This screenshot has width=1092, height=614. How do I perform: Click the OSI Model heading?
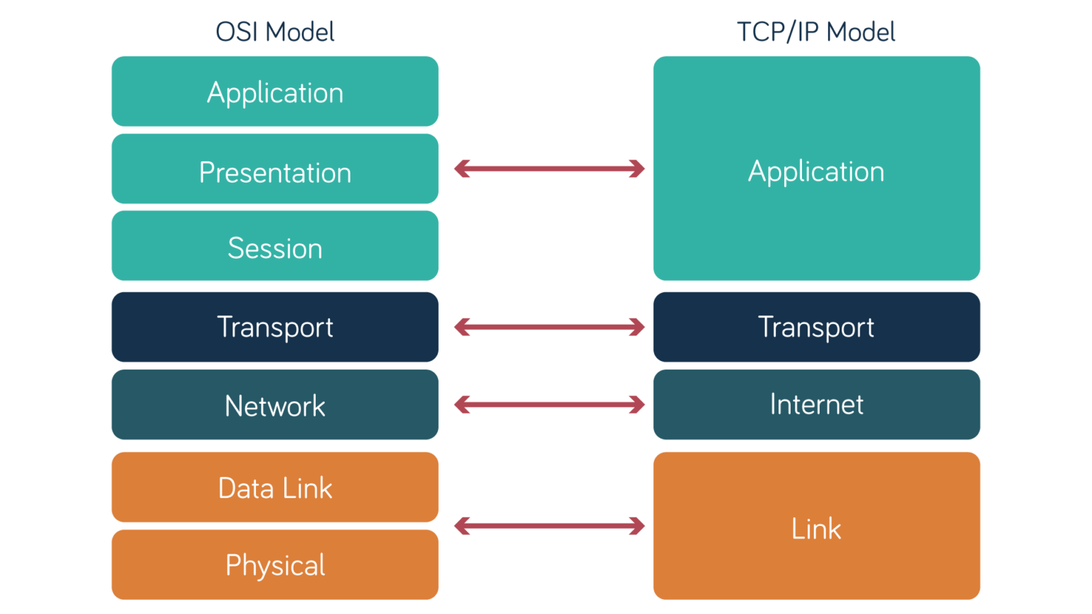tap(274, 32)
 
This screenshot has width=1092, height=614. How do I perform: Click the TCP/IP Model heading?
tap(815, 32)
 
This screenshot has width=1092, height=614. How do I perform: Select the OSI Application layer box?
tap(274, 92)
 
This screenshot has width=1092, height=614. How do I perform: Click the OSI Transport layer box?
tap(274, 327)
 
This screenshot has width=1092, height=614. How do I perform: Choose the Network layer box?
tap(274, 405)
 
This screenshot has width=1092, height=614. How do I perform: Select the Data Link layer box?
tap(274, 488)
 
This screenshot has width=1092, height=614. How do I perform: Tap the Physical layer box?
tap(274, 565)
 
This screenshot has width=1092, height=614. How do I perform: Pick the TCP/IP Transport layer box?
tap(816, 327)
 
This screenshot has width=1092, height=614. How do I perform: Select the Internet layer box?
tap(816, 404)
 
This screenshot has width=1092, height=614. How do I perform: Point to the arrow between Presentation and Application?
tap(549, 168)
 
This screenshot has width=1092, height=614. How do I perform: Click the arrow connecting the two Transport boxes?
tap(549, 327)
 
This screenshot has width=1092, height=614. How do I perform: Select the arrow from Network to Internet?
tap(549, 405)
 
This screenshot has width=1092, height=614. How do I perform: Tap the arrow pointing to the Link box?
tap(549, 526)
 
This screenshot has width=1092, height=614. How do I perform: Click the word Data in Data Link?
tap(246, 488)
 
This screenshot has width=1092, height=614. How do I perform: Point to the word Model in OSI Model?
tap(301, 32)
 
